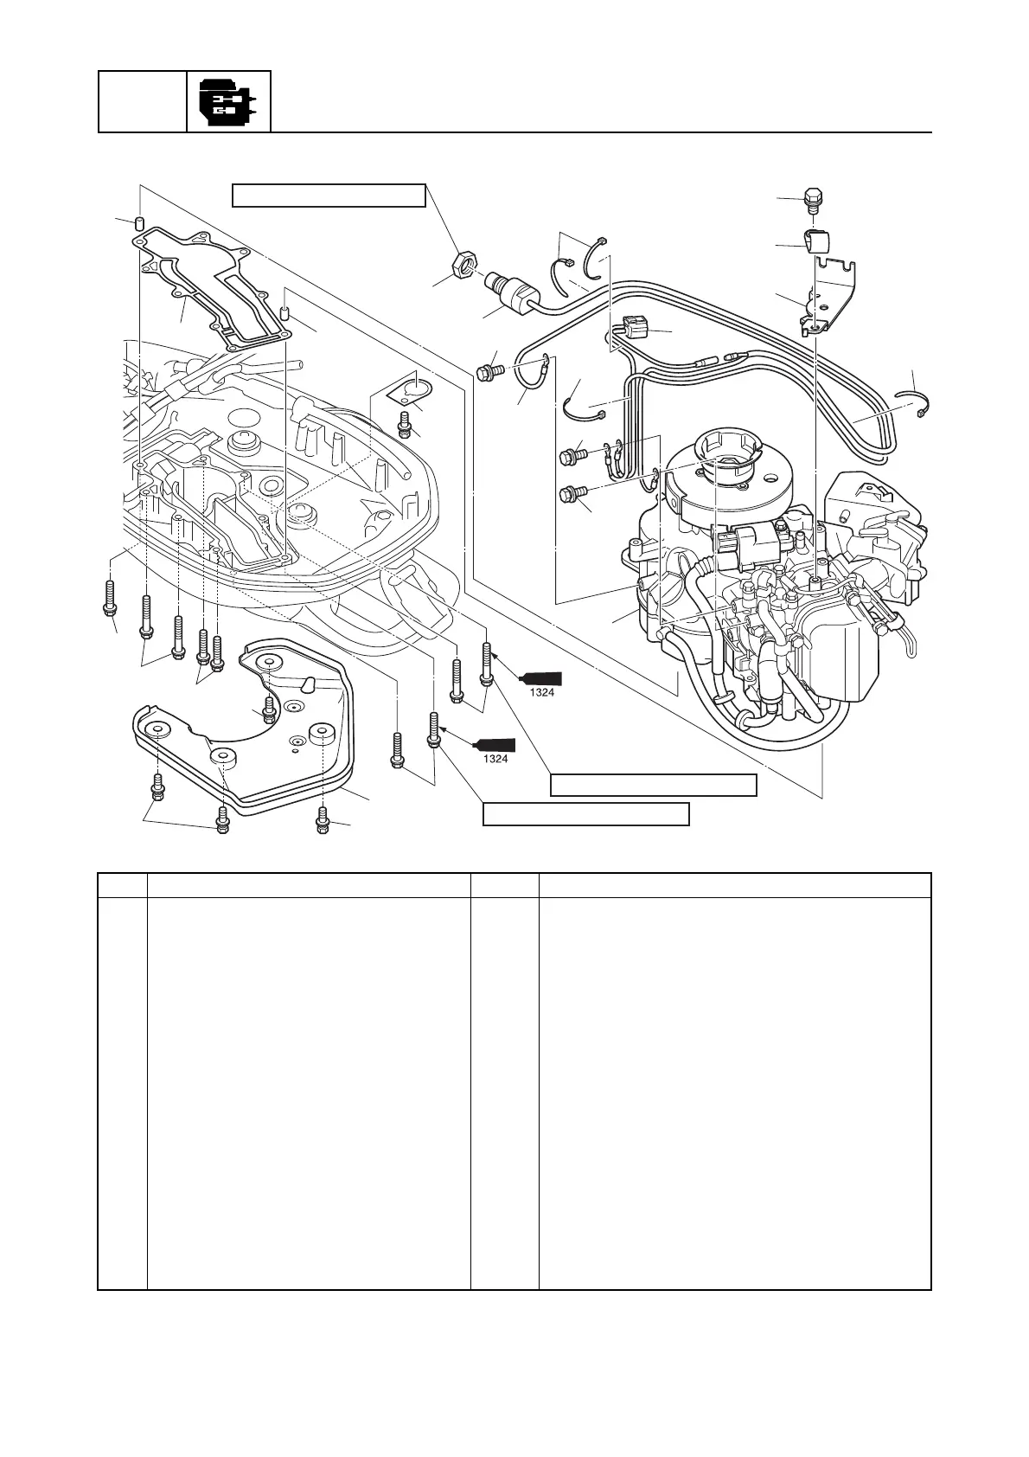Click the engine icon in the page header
point(228,101)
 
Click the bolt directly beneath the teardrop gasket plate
point(403,423)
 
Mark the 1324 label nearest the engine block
point(541,692)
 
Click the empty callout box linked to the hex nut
point(329,196)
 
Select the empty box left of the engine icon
point(143,101)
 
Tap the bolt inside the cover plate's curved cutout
point(270,709)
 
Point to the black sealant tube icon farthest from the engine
point(495,744)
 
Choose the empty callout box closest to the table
point(585,814)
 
